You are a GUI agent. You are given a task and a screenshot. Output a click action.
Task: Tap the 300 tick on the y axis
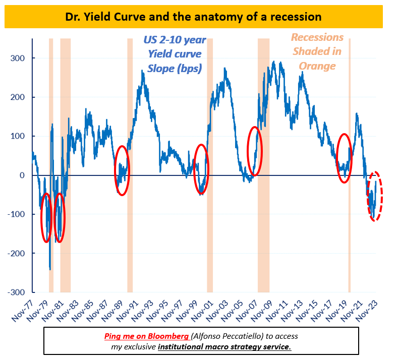18,58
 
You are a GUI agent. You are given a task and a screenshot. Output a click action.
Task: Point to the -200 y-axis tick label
17,253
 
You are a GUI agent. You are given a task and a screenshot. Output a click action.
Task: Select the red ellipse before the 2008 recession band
255,151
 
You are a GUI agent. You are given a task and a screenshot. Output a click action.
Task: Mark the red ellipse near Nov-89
122,170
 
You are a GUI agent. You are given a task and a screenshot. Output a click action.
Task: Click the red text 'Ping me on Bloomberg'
147,336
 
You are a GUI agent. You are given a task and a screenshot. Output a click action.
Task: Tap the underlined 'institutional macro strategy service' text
224,347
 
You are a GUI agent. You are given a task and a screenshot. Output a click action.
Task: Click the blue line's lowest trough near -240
50,269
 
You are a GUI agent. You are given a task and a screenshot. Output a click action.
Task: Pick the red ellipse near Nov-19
344,158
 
